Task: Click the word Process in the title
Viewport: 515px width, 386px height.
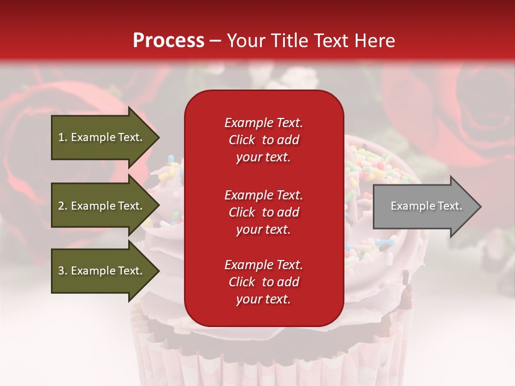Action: click(168, 41)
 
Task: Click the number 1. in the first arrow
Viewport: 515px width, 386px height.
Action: click(62, 137)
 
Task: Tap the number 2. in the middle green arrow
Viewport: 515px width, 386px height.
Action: click(62, 206)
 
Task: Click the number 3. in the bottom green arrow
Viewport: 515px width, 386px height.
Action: click(62, 271)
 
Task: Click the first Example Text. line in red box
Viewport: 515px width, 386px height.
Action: click(263, 123)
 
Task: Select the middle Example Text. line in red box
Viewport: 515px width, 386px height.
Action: click(263, 195)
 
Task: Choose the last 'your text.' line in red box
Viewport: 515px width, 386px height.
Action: click(263, 300)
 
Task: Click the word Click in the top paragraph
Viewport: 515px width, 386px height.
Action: click(241, 140)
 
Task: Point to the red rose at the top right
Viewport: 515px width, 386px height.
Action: click(477, 107)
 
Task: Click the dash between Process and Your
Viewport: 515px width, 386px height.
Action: click(215, 41)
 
